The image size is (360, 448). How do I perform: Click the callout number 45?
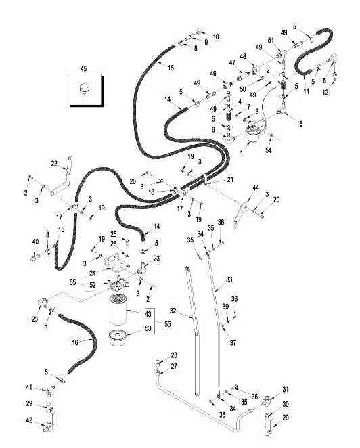[x=83, y=68]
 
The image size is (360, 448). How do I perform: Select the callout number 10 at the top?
[x=216, y=36]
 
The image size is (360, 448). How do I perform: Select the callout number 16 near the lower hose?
[x=75, y=343]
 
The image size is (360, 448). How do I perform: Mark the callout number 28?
[x=174, y=355]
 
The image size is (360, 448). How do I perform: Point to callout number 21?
[x=230, y=179]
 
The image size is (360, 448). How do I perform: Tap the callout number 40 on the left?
[x=35, y=242]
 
